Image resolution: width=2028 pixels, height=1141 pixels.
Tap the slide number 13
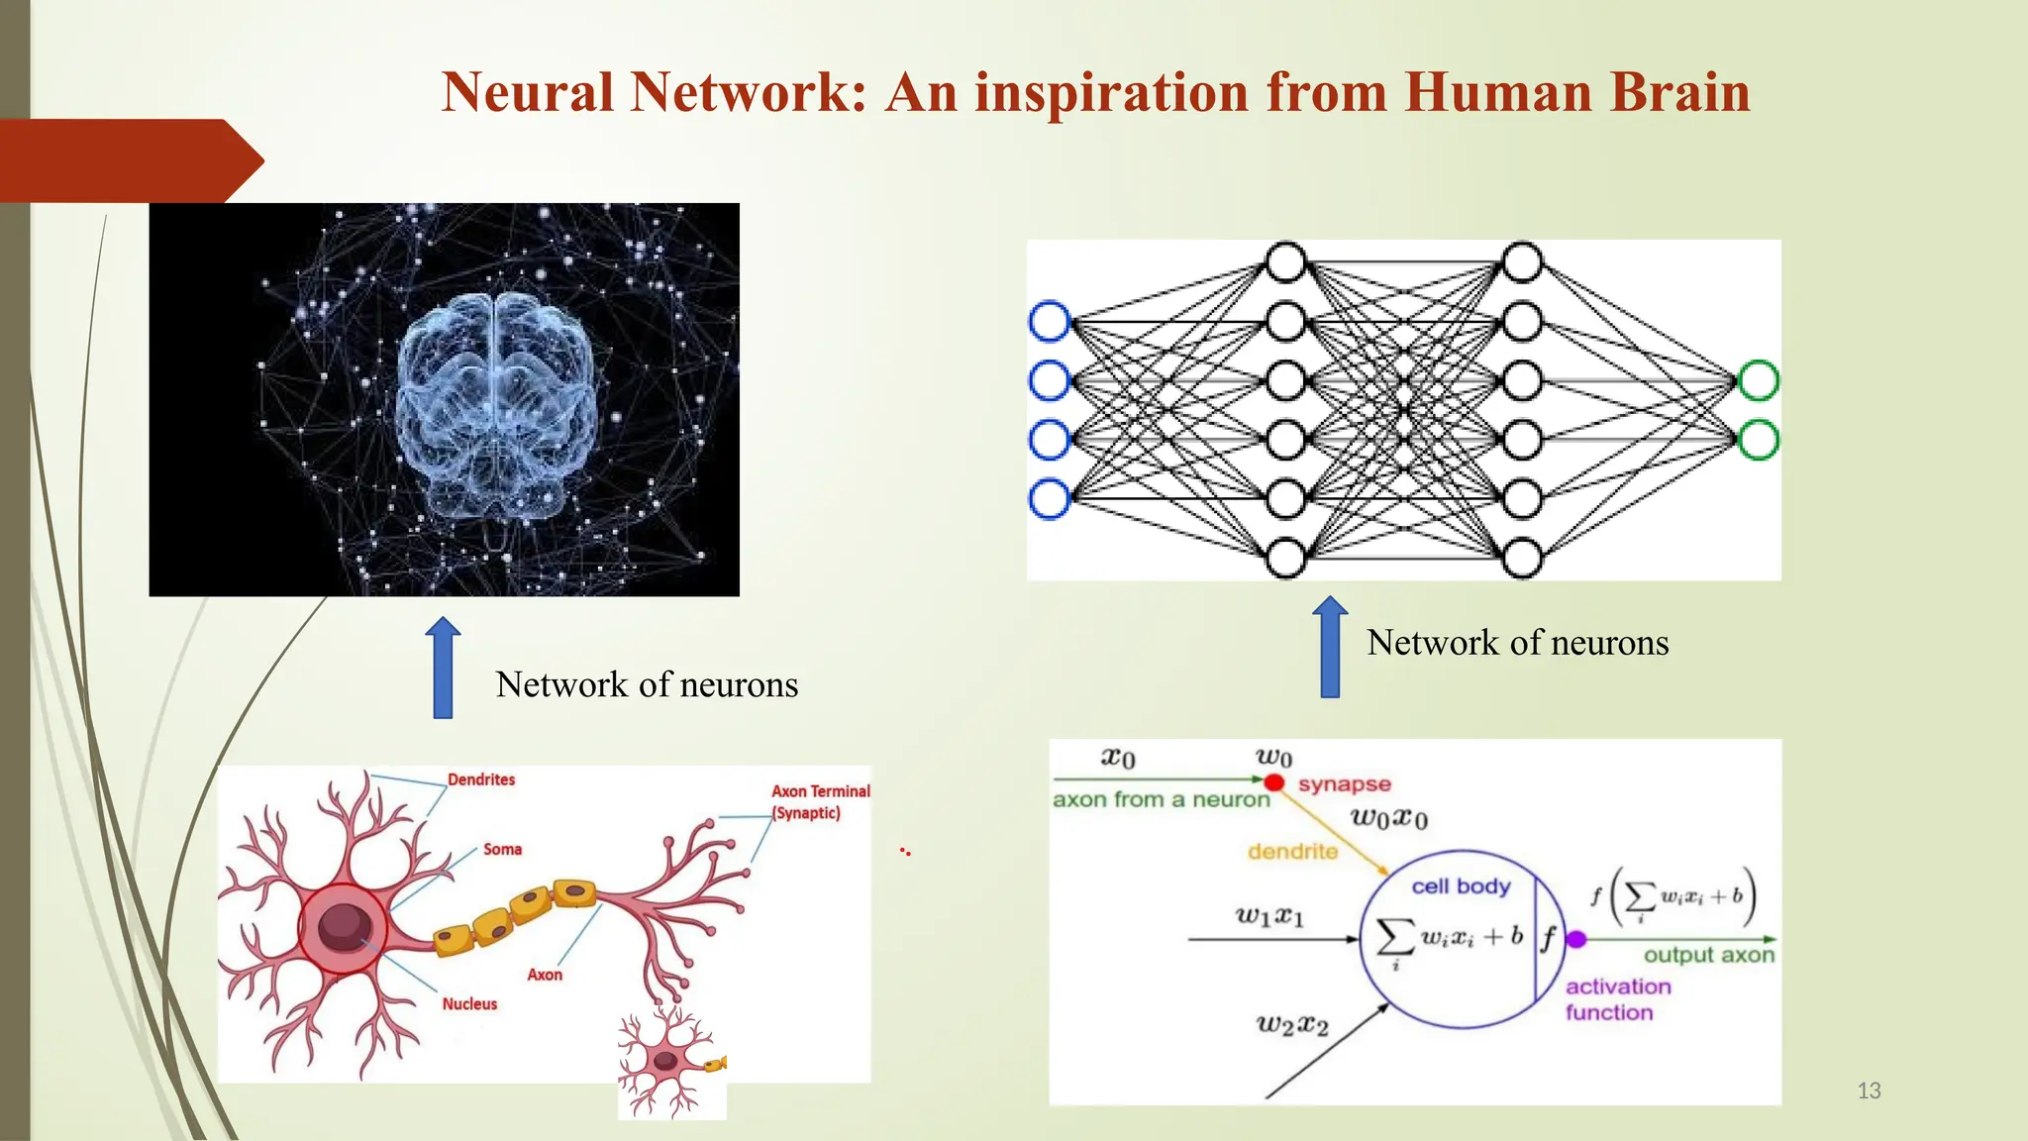1869,1090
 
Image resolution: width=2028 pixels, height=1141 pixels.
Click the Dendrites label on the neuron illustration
481,779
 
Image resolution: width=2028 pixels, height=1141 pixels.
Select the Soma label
502,849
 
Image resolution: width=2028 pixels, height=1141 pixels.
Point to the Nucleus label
469,1003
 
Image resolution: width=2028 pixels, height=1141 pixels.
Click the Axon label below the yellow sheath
545,975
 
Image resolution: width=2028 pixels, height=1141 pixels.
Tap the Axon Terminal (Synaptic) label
820,801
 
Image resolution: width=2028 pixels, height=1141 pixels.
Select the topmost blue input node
1050,321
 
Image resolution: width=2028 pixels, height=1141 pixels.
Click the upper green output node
1759,380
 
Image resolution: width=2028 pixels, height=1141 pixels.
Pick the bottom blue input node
1050,498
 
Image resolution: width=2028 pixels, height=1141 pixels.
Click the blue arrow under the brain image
443,668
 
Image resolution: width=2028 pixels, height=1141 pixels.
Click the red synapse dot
1274,783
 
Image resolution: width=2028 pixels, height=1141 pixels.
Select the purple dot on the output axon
1576,939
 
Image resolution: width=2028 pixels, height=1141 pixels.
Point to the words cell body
1461,886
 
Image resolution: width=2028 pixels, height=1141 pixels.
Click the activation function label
1617,998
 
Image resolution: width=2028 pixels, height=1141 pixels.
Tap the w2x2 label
1291,1024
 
